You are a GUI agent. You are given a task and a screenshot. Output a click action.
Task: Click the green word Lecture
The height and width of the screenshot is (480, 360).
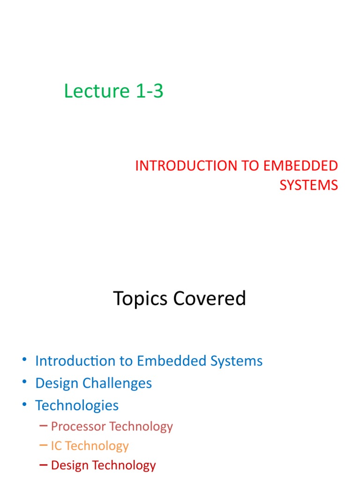[x=97, y=91]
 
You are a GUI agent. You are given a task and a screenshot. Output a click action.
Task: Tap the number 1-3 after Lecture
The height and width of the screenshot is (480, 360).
[x=150, y=91]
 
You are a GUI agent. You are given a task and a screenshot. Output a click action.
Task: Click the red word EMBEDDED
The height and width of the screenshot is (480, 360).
[x=300, y=165]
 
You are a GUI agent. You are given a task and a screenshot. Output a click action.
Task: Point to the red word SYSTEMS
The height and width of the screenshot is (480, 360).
[x=309, y=185]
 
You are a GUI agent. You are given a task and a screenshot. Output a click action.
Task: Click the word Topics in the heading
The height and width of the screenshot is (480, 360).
[x=140, y=299]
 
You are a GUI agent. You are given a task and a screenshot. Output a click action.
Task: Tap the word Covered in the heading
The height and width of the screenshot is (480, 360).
[x=210, y=298]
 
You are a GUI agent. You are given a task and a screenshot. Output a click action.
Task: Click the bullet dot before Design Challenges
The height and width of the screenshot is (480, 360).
[x=24, y=382]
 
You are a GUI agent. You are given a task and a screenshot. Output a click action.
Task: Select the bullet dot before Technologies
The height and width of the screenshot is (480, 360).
[x=24, y=404]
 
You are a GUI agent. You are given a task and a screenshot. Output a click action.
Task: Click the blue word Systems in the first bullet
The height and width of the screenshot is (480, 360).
[x=237, y=361]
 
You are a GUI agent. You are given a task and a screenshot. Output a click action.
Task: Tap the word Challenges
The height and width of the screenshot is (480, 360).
[x=117, y=383]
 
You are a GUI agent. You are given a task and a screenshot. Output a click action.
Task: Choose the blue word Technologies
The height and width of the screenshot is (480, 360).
[x=77, y=405]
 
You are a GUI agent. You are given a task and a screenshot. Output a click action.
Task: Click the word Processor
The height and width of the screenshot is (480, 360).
[x=78, y=426]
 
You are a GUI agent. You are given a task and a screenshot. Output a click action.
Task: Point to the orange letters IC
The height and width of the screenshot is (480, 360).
[x=56, y=446]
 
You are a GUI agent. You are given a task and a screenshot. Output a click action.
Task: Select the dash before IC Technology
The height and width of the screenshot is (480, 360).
[x=44, y=446]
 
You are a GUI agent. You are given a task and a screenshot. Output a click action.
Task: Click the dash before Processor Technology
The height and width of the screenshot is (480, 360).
[x=44, y=426]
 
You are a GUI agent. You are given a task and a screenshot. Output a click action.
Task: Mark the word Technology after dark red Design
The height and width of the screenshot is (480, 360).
[x=124, y=465]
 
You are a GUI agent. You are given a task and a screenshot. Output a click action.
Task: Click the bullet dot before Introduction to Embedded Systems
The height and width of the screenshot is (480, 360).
[x=24, y=360]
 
